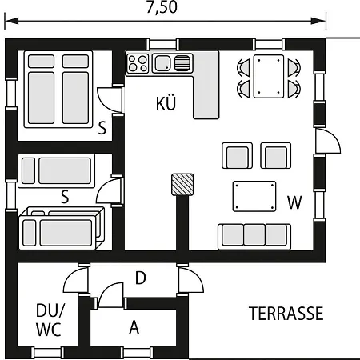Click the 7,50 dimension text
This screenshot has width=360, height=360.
coord(163,9)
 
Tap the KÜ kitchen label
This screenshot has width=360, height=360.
coord(166,103)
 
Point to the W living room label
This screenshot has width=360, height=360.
coord(294,202)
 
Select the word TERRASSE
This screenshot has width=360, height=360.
coord(286,314)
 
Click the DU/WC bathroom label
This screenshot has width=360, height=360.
coord(49,319)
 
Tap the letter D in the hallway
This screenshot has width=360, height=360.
coord(140,278)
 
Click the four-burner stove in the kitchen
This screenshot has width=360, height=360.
coord(138,63)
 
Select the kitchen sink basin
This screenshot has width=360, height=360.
coord(162,63)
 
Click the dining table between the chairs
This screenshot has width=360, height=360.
coord(269,76)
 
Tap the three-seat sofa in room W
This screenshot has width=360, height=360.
coord(253,234)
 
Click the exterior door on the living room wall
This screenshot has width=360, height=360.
coord(326,142)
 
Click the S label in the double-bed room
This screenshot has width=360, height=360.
coord(102,126)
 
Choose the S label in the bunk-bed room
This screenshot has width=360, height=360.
coord(64,194)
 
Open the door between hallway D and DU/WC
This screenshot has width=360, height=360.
coord(76,282)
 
